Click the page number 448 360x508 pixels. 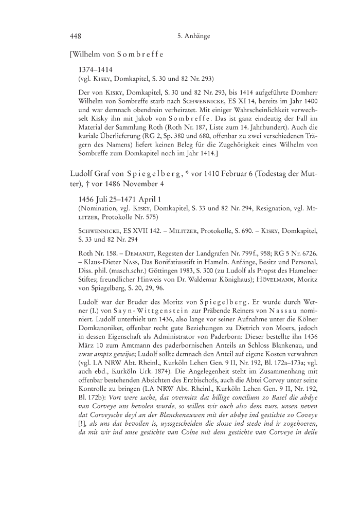pos(76,37)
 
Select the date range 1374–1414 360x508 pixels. pos(95,68)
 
